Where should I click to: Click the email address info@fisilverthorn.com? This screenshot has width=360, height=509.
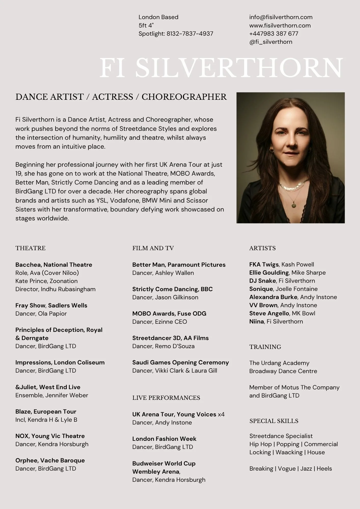click(x=281, y=17)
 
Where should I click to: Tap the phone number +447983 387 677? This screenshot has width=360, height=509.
click(x=273, y=34)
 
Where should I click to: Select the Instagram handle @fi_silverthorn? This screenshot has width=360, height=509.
click(x=271, y=42)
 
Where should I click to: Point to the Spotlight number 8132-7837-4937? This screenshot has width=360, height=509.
click(x=190, y=34)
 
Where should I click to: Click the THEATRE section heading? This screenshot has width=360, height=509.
click(x=30, y=248)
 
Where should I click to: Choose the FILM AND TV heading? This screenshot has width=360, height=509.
click(x=153, y=248)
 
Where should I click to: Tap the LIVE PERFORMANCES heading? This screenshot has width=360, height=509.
click(x=166, y=398)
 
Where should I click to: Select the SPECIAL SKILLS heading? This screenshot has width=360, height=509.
click(x=274, y=421)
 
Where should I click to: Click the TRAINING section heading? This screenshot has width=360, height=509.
click(x=265, y=347)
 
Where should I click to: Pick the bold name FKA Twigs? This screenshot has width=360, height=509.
click(x=264, y=264)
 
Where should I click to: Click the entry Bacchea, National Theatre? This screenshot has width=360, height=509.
click(x=54, y=265)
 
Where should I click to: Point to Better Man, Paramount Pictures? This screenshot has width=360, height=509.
click(x=179, y=265)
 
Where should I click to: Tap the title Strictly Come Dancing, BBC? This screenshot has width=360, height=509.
click(x=172, y=289)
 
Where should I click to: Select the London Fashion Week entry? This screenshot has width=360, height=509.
click(x=164, y=439)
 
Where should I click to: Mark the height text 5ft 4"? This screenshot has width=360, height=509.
click(x=146, y=25)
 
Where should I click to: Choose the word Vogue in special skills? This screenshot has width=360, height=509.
click(x=286, y=469)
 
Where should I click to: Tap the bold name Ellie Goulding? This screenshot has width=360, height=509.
click(x=269, y=273)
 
